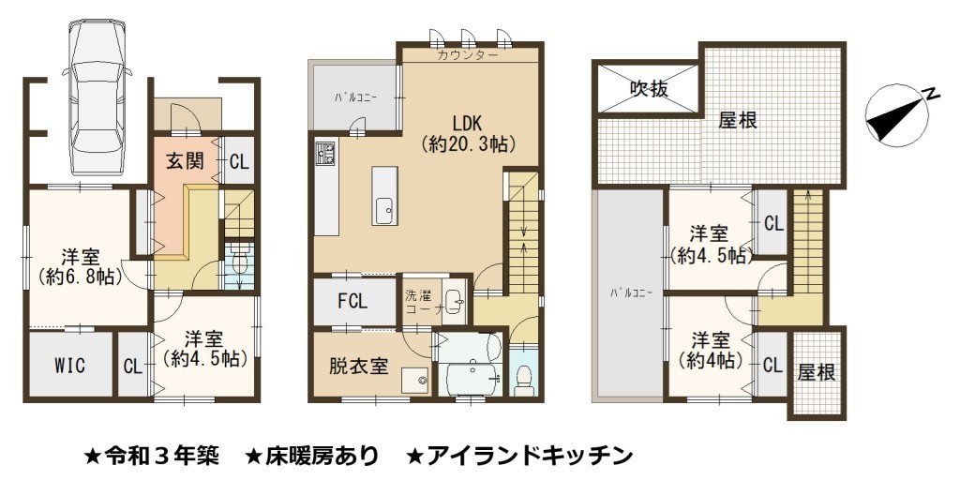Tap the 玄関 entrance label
tap(186, 162)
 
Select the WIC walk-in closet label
tap(69, 366)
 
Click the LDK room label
tap(468, 122)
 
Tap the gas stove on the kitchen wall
tap(325, 153)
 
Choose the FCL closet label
tap(352, 301)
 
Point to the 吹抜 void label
tap(649, 89)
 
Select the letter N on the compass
tap(931, 94)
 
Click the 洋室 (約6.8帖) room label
tap(81, 267)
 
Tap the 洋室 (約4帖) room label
tap(711, 351)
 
